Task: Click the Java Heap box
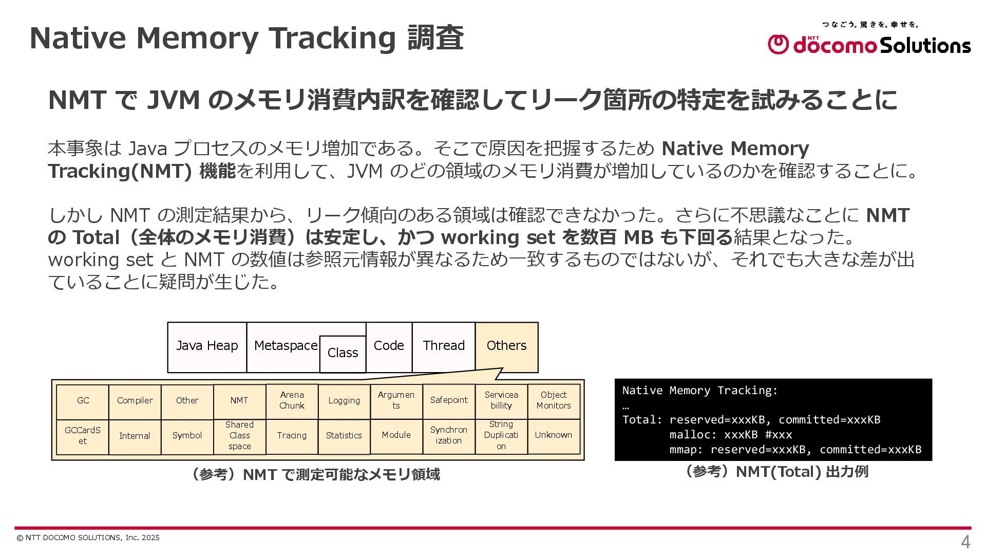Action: (x=207, y=346)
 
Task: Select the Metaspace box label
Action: (x=285, y=346)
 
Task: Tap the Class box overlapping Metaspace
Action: (x=343, y=354)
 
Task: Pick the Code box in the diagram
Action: (x=389, y=346)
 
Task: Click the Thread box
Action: (x=444, y=346)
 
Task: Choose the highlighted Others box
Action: (x=506, y=346)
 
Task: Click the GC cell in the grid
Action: (x=83, y=401)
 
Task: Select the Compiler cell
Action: (x=135, y=401)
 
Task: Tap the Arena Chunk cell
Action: (x=292, y=401)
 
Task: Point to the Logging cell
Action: (x=344, y=401)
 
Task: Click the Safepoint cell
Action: (x=449, y=400)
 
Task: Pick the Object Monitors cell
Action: (x=554, y=400)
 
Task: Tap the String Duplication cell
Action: (x=501, y=436)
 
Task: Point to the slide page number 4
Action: (x=965, y=542)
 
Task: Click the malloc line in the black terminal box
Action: (x=730, y=435)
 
